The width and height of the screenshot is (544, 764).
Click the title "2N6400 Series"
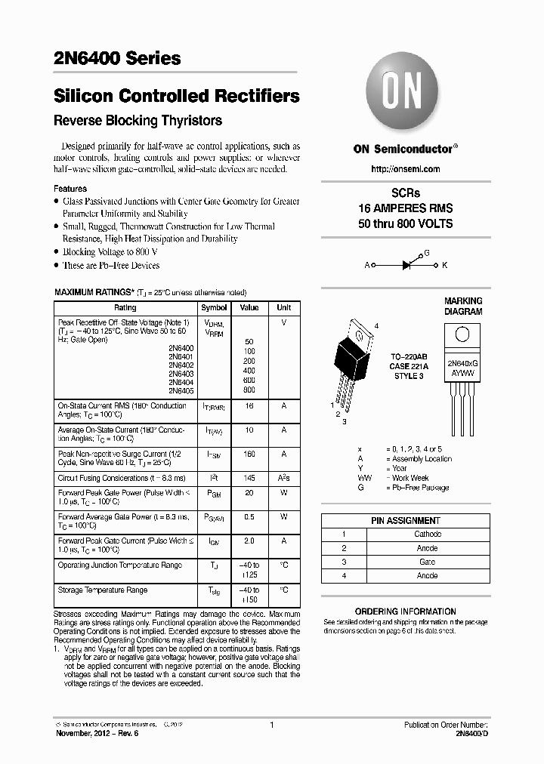[117, 58]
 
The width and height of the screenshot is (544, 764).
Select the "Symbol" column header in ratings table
[214, 308]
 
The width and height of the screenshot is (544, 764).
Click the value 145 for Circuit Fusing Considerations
[249, 478]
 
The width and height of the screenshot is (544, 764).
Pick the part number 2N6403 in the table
[181, 374]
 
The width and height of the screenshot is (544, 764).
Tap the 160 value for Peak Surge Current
[249, 454]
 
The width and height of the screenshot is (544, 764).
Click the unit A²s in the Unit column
[284, 478]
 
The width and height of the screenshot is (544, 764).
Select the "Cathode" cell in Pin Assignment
[428, 534]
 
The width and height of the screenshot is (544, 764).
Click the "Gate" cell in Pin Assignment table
[428, 562]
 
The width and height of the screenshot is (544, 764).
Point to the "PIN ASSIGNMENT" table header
[405, 520]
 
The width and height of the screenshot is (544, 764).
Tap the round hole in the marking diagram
[463, 334]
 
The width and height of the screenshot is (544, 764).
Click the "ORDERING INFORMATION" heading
[405, 612]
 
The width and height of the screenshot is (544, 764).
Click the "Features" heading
[70, 189]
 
